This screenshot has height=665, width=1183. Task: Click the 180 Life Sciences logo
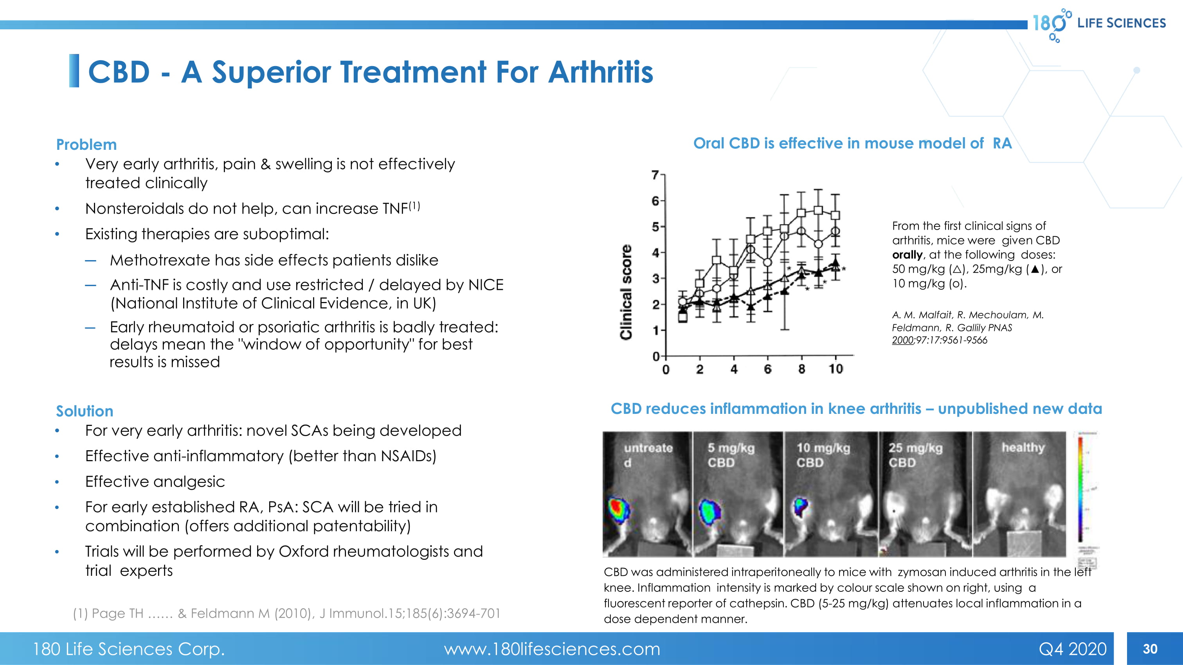pos(1098,24)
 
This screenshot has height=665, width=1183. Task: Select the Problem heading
pos(86,145)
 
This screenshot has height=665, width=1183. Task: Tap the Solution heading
pos(85,411)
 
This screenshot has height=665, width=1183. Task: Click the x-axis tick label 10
pos(835,369)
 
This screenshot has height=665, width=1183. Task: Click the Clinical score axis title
pos(626,292)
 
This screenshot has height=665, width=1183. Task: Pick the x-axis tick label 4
pos(734,369)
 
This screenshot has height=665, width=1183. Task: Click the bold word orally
pos(907,255)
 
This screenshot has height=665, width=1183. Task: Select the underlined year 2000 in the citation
pos(902,340)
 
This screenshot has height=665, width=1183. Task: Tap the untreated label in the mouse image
pos(648,454)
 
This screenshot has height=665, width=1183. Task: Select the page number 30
pos(1150,649)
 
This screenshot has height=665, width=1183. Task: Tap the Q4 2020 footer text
pos(1072,649)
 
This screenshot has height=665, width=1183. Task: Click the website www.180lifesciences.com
pos(551,649)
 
